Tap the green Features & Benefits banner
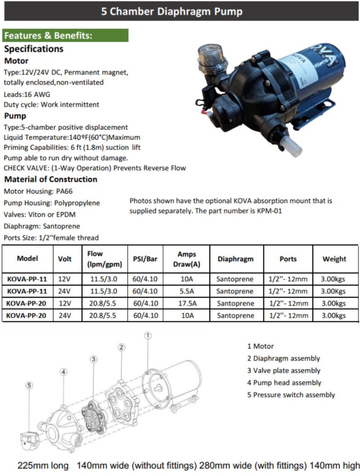click(x=66, y=36)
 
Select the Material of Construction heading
click(x=50, y=179)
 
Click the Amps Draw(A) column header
click(x=186, y=259)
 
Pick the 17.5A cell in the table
click(x=186, y=303)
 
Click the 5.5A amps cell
click(x=186, y=291)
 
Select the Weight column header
click(x=334, y=259)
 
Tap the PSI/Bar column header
click(x=145, y=259)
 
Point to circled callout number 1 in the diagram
click(x=148, y=336)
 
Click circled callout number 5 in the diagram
click(x=29, y=385)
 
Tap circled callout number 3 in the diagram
click(x=93, y=359)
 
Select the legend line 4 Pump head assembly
click(x=284, y=383)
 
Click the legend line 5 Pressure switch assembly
click(x=291, y=395)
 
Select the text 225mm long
click(x=43, y=465)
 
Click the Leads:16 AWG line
click(x=27, y=94)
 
